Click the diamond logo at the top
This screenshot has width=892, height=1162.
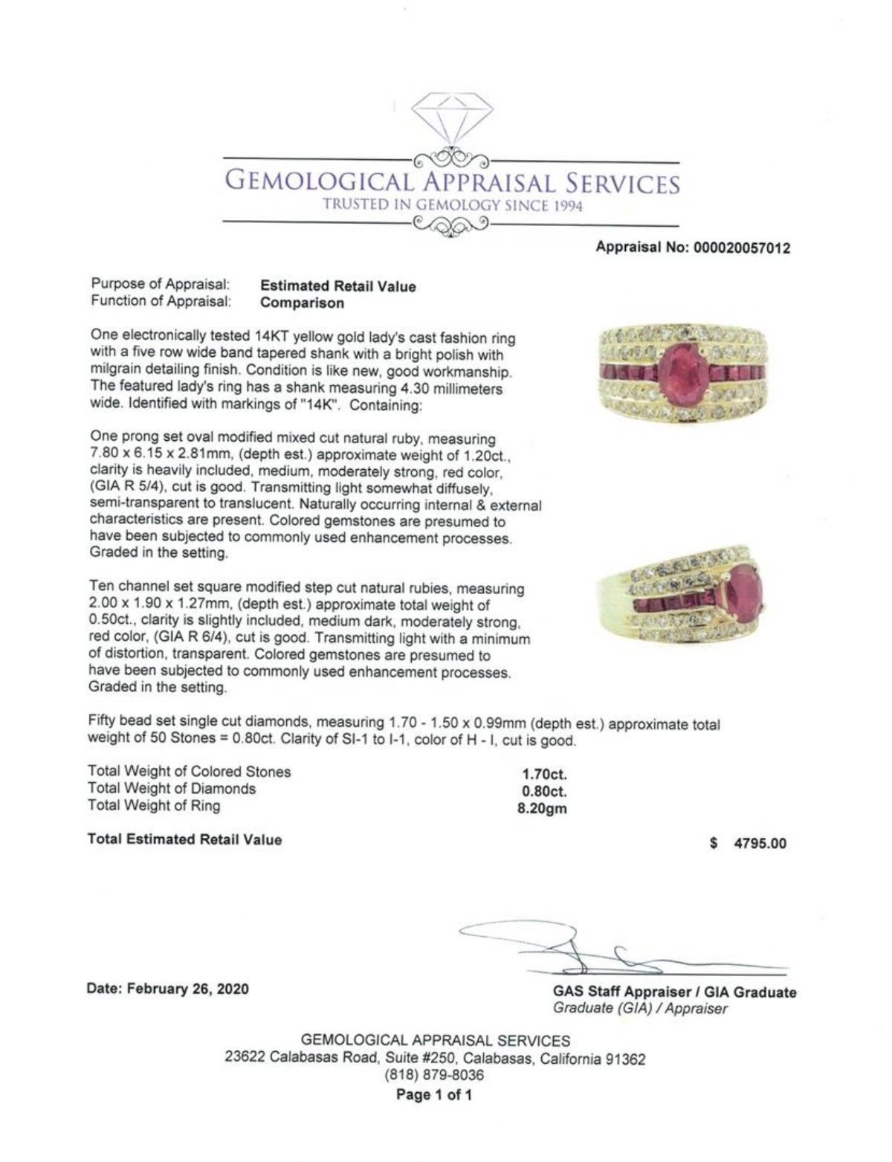[452, 120]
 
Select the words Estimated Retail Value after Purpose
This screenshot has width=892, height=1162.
[338, 286]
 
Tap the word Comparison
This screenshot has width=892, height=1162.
[303, 303]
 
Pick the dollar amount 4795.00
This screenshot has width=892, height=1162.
[760, 843]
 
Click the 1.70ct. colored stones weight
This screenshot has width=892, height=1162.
[544, 775]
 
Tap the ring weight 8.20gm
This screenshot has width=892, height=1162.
[542, 809]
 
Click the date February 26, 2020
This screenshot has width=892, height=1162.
[168, 989]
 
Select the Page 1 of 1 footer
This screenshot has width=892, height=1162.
[434, 1094]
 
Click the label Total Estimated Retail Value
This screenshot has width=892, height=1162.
[185, 839]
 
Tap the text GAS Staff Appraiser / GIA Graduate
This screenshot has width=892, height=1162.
[674, 992]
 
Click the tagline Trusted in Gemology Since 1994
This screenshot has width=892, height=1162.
[452, 206]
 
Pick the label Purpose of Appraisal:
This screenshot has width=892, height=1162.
[161, 284]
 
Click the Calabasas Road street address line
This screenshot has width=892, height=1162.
[435, 1058]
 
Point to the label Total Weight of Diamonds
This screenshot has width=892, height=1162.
[172, 789]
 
